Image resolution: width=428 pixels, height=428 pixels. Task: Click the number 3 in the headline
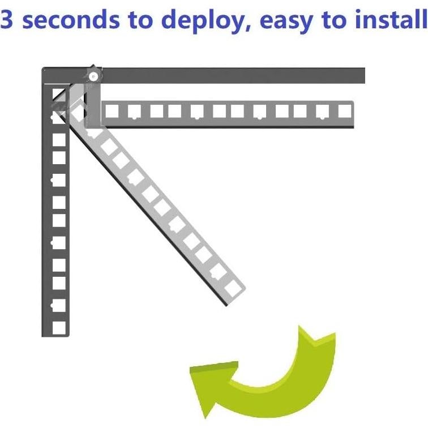click(9, 20)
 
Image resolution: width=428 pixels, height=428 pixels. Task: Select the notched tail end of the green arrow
click(317, 335)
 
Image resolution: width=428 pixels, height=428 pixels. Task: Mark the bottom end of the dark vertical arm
click(55, 335)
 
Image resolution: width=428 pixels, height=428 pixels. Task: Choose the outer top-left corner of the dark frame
click(44, 70)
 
